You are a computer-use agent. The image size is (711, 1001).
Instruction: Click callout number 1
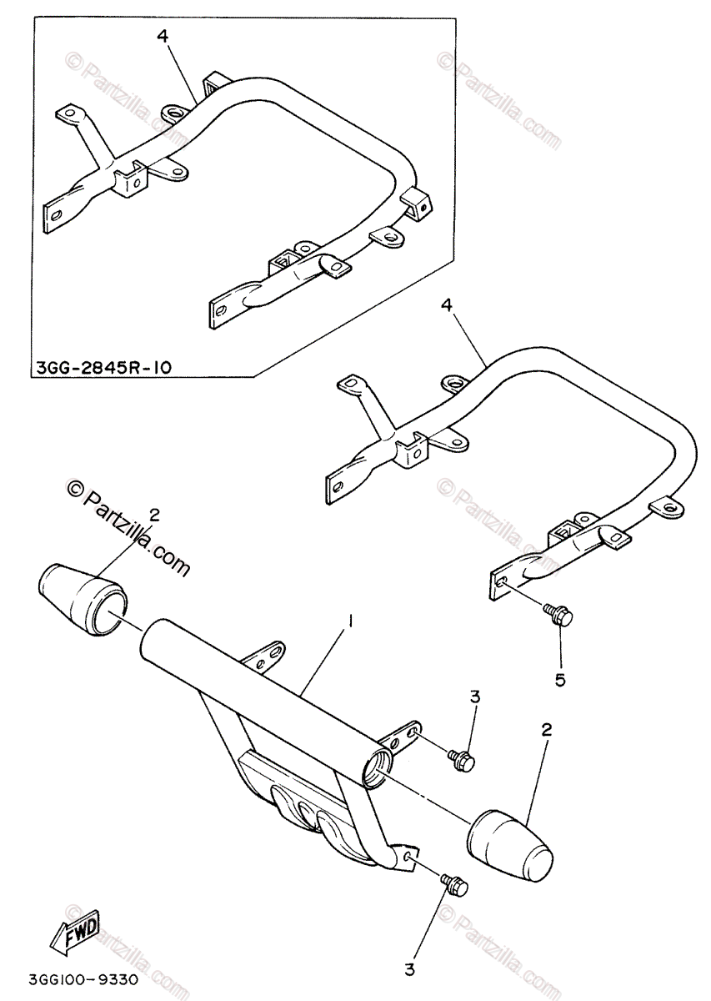(351, 621)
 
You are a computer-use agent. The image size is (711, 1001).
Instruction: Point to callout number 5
(559, 680)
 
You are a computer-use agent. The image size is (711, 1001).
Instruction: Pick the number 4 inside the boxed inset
(163, 36)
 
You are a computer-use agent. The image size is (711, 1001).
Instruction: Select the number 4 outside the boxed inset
(448, 306)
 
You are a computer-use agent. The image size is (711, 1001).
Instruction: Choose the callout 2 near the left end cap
(153, 515)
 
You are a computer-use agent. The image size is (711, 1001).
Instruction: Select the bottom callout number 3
(409, 970)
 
